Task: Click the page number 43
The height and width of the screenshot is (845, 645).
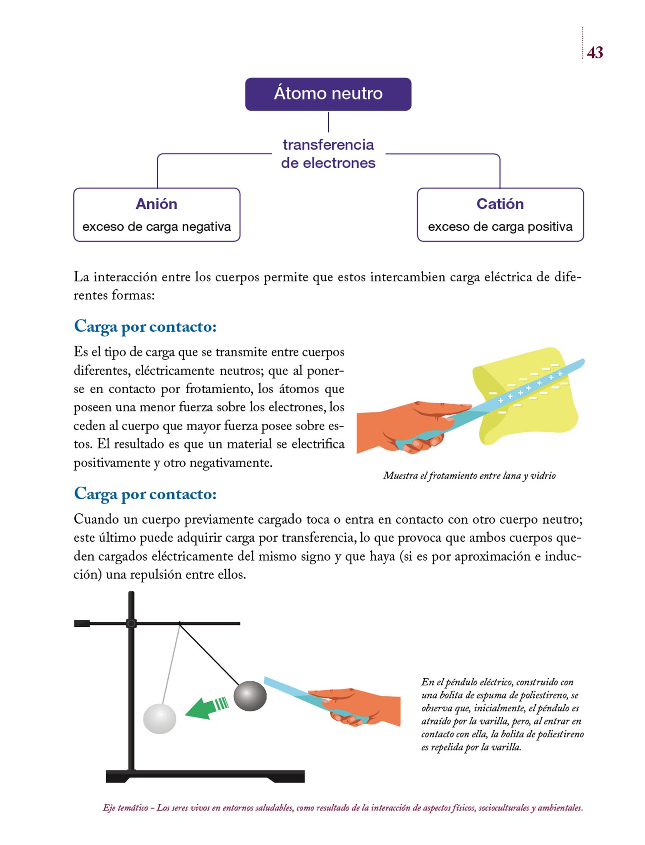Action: click(594, 53)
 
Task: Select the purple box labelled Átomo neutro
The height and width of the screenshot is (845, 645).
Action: click(328, 94)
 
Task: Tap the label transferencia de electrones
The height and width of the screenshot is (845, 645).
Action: click(328, 154)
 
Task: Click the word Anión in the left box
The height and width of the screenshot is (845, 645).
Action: click(156, 204)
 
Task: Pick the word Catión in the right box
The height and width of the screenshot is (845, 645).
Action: click(500, 204)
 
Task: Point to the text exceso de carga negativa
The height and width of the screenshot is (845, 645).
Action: click(157, 227)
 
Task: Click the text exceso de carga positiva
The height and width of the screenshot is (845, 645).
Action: click(500, 227)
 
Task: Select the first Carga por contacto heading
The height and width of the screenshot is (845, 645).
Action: click(145, 327)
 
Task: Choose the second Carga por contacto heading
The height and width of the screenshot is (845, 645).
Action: click(145, 494)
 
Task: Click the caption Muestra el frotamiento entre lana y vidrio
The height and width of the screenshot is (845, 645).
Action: click(469, 476)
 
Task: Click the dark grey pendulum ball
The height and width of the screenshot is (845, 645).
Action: click(250, 696)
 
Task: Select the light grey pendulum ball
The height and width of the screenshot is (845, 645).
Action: click(160, 719)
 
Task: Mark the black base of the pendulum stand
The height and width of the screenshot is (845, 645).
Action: click(205, 776)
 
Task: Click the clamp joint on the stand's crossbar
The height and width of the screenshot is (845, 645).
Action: click(131, 623)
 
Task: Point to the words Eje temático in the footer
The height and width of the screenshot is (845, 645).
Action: click(125, 808)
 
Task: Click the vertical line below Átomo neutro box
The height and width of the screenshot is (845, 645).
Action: click(328, 122)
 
